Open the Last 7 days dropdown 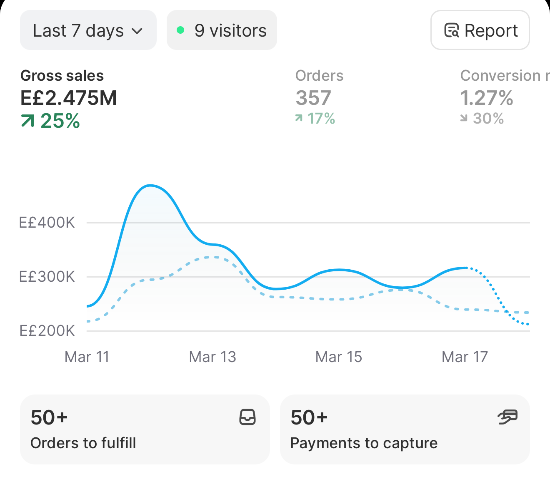pyautogui.click(x=88, y=30)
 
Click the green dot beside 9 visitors pyautogui.click(x=180, y=30)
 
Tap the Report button pyautogui.click(x=480, y=30)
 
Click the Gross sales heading pyautogui.click(x=62, y=75)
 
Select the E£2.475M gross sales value pyautogui.click(x=69, y=98)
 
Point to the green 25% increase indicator pyautogui.click(x=50, y=121)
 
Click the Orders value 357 pyautogui.click(x=313, y=98)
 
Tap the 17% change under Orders pyautogui.click(x=315, y=118)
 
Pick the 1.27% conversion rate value pyautogui.click(x=487, y=98)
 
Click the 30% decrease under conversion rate pyautogui.click(x=482, y=118)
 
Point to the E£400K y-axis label pyautogui.click(x=47, y=223)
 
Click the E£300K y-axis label pyautogui.click(x=47, y=277)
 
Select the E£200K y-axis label pyautogui.click(x=47, y=331)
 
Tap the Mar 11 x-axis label pyautogui.click(x=87, y=357)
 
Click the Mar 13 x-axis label pyautogui.click(x=212, y=357)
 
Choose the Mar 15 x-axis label pyautogui.click(x=338, y=357)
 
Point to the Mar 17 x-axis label pyautogui.click(x=465, y=357)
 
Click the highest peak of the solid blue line pyautogui.click(x=150, y=186)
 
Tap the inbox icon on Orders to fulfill pyautogui.click(x=247, y=417)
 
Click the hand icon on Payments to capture pyautogui.click(x=507, y=417)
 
